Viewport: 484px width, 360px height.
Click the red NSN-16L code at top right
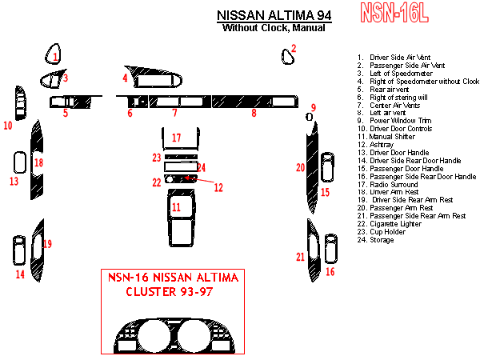[394, 13]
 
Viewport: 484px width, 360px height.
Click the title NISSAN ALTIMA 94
[273, 15]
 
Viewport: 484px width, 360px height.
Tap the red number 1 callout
[54, 57]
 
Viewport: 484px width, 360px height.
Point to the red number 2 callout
[294, 48]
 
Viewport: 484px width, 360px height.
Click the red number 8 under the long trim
[254, 114]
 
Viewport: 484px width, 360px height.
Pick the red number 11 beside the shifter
[175, 207]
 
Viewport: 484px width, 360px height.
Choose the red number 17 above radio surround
[178, 138]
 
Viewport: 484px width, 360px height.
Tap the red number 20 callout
[300, 167]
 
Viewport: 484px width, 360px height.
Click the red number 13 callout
[14, 182]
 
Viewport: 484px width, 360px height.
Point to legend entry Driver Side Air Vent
[399, 58]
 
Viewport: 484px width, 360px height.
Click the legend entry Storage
[382, 240]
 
